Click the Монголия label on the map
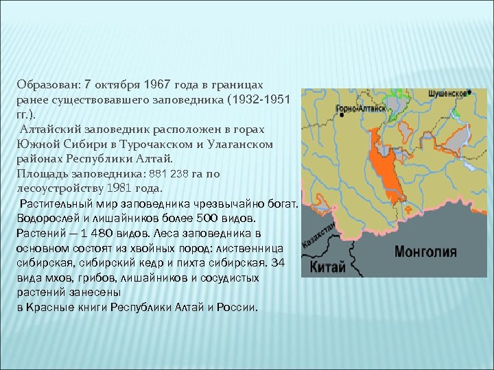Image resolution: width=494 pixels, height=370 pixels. point(425,251)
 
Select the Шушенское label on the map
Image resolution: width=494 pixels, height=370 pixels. point(447,92)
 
